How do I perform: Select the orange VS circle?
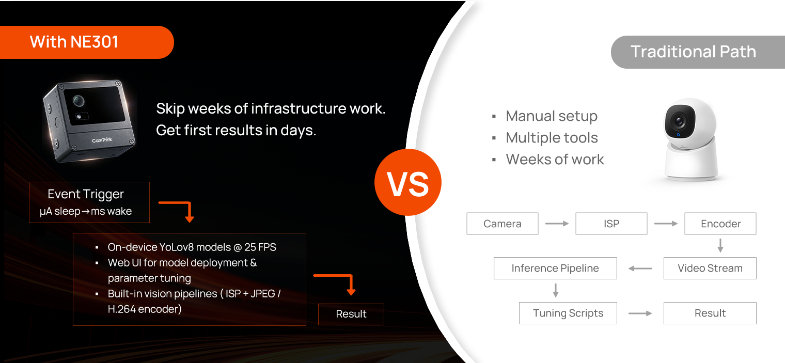point(408,182)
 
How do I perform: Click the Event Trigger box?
point(89,202)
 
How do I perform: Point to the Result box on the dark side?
point(351,314)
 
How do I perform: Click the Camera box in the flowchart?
point(502,224)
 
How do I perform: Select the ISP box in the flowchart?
point(611,224)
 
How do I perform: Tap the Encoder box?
point(720,224)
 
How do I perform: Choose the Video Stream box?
point(710,268)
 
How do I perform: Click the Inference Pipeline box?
point(555,268)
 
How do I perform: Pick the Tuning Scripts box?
point(568,313)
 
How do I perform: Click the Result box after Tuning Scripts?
point(710,313)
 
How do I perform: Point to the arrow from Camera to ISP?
point(557,224)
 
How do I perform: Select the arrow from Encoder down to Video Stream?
point(720,245)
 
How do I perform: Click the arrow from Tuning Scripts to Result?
point(640,313)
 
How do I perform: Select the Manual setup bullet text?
point(552,116)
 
